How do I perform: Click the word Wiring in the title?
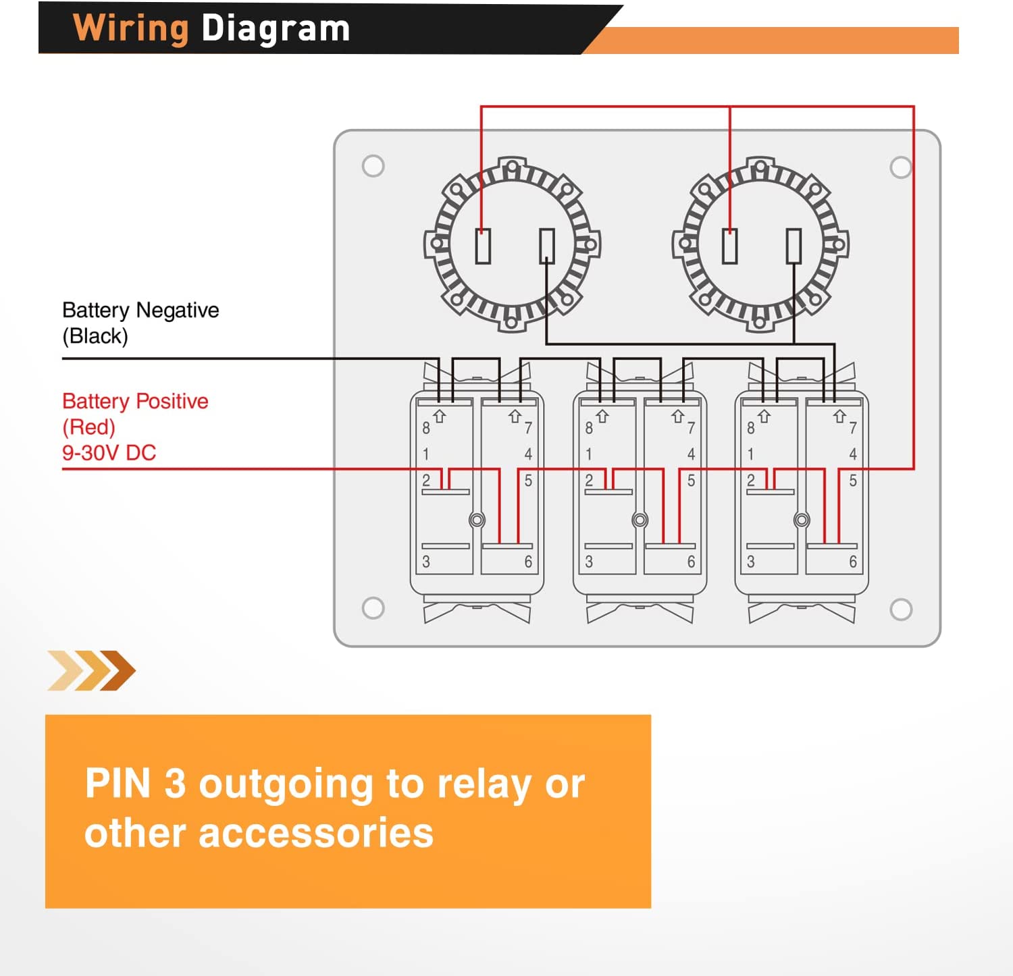point(130,29)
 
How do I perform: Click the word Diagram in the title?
point(276,29)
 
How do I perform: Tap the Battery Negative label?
point(140,310)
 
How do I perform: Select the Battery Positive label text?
point(135,401)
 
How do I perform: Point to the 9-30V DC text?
point(109,453)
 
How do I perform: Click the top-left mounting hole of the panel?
point(373,166)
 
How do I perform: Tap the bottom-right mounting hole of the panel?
point(901,609)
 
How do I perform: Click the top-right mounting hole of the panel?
point(901,167)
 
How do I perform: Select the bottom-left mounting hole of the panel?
point(373,608)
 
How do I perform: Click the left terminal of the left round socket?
point(483,246)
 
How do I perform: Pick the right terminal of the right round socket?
point(794,246)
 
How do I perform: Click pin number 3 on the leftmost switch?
point(426,562)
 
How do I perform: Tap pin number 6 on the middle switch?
point(691,562)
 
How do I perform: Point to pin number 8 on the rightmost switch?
point(750,428)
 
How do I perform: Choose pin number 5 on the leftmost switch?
point(528,481)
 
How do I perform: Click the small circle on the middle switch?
point(640,520)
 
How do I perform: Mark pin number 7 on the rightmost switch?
point(853,428)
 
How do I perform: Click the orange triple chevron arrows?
point(92,670)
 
